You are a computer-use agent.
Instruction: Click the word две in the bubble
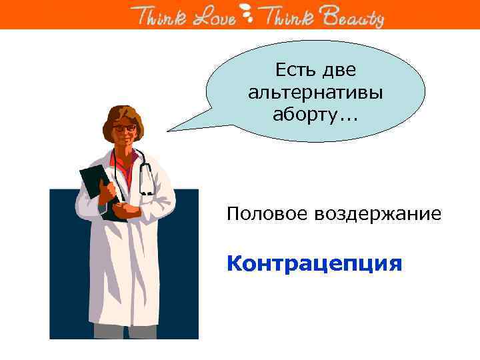click(339, 69)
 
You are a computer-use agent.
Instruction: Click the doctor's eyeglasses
click(125, 127)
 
